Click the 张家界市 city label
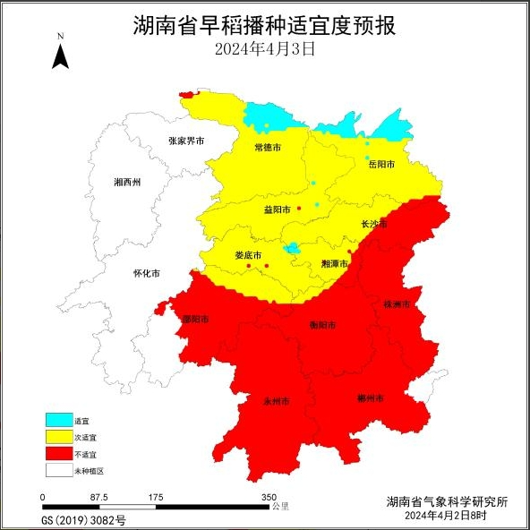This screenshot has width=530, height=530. pyautogui.click(x=186, y=141)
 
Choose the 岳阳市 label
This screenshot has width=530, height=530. pyautogui.click(x=381, y=164)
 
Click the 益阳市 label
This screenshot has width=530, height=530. pyautogui.click(x=277, y=209)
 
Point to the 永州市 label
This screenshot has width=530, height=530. pyautogui.click(x=276, y=401)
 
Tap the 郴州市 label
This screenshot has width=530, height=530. pyautogui.click(x=371, y=397)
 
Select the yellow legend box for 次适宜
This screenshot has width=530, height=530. pyautogui.click(x=58, y=437)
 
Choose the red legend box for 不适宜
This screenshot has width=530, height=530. pyautogui.click(x=58, y=454)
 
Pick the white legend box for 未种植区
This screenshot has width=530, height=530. pyautogui.click(x=58, y=470)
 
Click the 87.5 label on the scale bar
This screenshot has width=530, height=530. pyautogui.click(x=99, y=497)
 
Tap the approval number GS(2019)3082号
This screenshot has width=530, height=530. pyautogui.click(x=84, y=518)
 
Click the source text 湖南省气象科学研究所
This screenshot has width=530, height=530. pyautogui.click(x=447, y=502)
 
